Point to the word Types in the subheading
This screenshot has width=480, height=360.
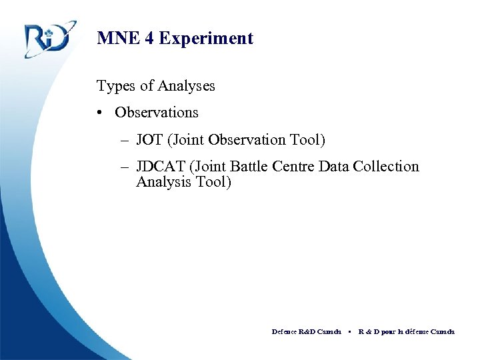(x=115, y=86)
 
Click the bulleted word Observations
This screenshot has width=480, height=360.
(x=157, y=113)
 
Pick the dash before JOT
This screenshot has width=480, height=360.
(x=126, y=141)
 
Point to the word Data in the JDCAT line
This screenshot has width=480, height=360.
(x=333, y=167)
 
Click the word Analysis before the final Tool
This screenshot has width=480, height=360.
(x=163, y=182)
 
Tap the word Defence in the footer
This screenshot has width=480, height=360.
(x=285, y=331)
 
